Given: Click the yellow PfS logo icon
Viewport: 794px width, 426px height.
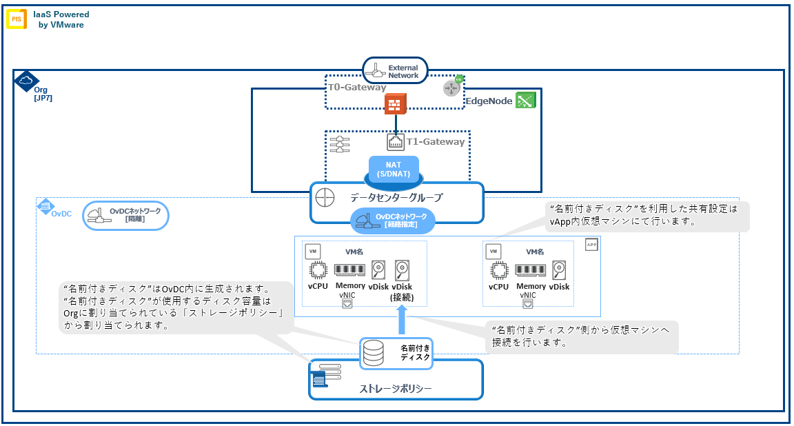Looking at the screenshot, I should click(17, 19).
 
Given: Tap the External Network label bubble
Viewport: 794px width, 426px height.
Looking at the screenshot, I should click(396, 71).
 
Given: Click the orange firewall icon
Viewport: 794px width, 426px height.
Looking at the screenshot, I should click(395, 105).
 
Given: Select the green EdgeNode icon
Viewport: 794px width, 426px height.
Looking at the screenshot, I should click(526, 101).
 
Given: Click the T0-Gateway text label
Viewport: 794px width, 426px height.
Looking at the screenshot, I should click(356, 88).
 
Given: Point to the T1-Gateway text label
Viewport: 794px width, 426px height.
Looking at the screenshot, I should click(436, 141).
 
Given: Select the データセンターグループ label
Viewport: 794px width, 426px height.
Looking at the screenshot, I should click(396, 197).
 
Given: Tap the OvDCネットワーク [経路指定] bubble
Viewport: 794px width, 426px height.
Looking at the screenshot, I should click(394, 220).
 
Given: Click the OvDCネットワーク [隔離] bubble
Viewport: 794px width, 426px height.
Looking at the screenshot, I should click(125, 215).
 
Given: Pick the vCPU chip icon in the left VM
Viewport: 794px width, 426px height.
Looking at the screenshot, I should click(318, 270).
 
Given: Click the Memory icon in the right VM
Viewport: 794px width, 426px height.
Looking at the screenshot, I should click(531, 270).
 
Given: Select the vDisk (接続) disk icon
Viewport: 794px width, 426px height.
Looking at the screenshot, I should click(402, 270).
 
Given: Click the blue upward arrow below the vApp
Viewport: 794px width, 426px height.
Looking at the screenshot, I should click(402, 319).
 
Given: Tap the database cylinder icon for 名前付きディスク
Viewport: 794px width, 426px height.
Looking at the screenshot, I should click(374, 353).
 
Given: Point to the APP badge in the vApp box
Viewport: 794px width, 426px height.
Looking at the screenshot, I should click(591, 245).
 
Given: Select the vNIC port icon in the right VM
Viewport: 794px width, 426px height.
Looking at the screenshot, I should click(529, 303).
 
